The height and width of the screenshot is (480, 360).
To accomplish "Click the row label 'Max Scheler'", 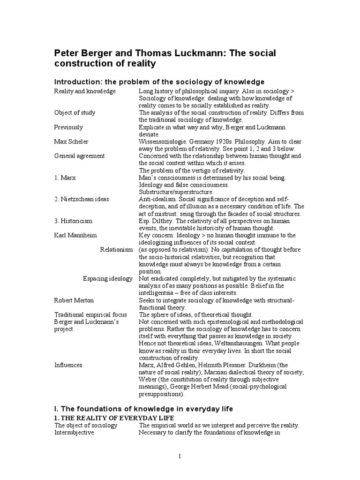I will click(x=71, y=141).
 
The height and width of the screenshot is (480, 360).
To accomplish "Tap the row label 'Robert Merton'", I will click(x=74, y=300).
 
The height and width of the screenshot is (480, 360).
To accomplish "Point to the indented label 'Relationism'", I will click(x=116, y=250).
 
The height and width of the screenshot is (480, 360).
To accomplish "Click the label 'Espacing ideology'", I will click(x=107, y=279).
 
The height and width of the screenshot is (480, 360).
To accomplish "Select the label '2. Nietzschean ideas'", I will click(x=82, y=199).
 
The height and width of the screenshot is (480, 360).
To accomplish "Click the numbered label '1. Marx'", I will click(x=66, y=178).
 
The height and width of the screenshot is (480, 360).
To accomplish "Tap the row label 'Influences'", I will click(x=68, y=365).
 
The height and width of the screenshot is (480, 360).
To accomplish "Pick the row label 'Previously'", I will click(x=68, y=127).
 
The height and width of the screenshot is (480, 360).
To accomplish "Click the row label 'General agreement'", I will click(x=79, y=156).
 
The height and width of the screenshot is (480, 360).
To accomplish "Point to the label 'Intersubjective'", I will click(x=74, y=433).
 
